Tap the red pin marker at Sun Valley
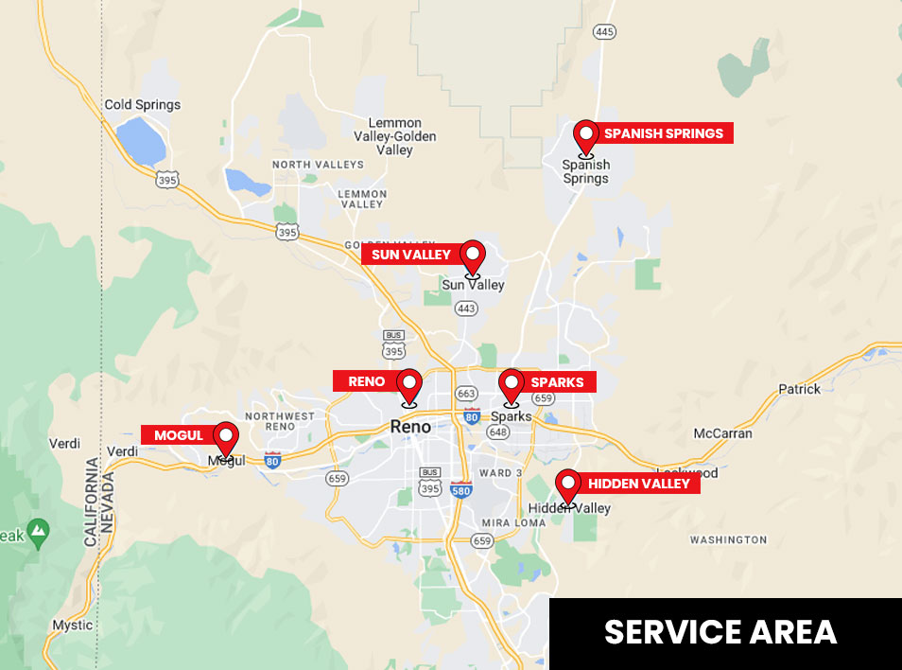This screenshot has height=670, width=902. click(472, 256)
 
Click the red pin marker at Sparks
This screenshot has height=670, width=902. click(512, 385)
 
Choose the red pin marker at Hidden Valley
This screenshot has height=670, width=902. click(567, 486)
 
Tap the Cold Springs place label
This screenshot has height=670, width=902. click(142, 105)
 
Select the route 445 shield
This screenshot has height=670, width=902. click(604, 32)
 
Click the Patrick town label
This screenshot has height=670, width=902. click(799, 389)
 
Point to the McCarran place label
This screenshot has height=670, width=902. click(722, 433)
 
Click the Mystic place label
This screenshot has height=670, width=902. click(73, 626)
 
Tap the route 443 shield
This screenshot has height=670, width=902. click(465, 308)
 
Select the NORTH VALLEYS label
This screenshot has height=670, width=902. click(318, 165)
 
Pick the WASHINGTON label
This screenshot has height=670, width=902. click(728, 539)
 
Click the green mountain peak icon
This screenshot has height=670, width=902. click(38, 533)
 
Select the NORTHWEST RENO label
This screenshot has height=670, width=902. click(280, 422)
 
